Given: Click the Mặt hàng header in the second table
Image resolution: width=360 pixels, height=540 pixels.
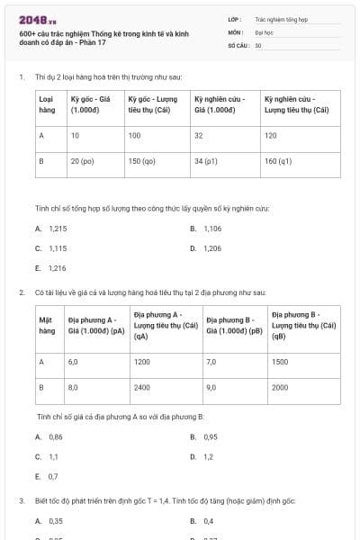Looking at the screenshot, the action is pyautogui.click(x=48, y=325).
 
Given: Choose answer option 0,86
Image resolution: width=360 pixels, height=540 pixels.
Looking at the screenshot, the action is pyautogui.click(x=55, y=436).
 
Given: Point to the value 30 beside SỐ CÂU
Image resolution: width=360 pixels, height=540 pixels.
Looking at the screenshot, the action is pyautogui.click(x=258, y=44).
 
